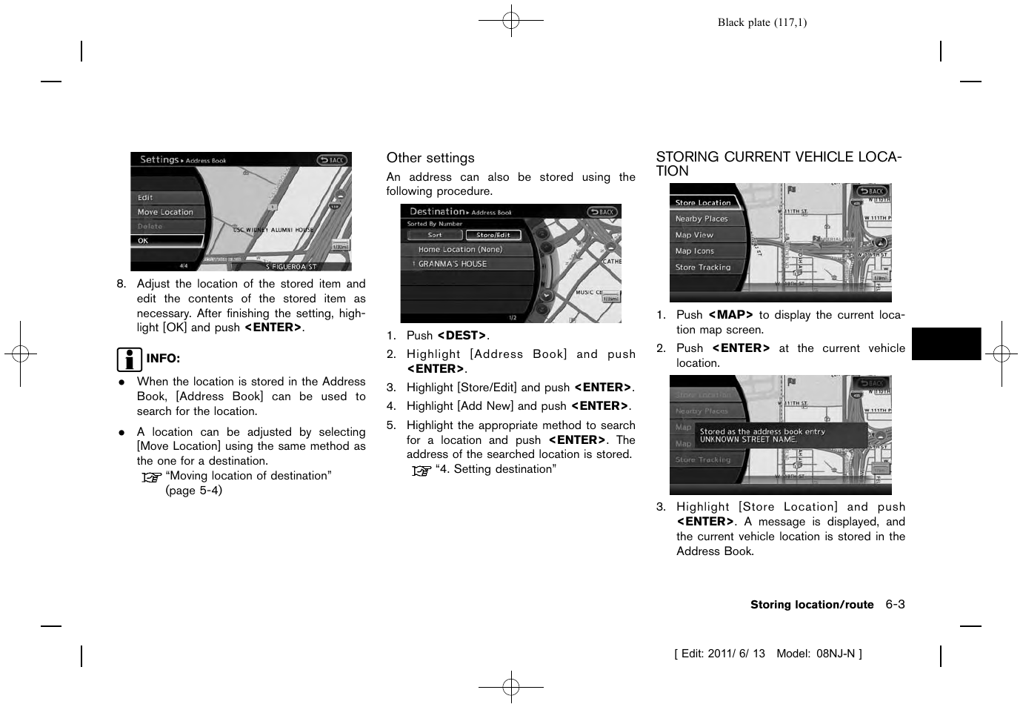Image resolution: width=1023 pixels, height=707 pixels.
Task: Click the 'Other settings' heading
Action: (x=430, y=158)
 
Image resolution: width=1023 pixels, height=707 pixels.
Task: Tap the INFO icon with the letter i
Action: (x=129, y=359)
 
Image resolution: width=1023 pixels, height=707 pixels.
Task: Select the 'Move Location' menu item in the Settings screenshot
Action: (x=165, y=212)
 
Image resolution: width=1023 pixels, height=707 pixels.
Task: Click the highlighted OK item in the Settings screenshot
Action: (x=167, y=241)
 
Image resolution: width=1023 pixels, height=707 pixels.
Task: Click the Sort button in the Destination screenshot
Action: (x=435, y=235)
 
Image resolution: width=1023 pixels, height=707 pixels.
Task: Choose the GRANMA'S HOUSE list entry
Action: (x=452, y=264)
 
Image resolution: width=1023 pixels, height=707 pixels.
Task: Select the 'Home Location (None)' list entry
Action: (x=459, y=250)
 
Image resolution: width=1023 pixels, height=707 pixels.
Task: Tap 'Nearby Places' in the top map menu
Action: (x=702, y=219)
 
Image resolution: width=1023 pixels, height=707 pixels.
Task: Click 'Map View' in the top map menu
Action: (x=694, y=235)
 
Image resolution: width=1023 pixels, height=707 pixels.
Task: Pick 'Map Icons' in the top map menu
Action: (x=695, y=251)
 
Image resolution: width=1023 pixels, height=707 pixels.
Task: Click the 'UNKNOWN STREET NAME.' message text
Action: (x=748, y=439)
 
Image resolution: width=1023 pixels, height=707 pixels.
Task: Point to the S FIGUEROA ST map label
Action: (x=291, y=267)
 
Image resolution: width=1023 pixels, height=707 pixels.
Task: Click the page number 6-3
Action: (x=895, y=605)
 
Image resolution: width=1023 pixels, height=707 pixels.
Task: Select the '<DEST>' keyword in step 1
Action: (x=462, y=336)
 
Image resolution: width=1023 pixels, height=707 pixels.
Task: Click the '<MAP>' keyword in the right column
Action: (x=730, y=315)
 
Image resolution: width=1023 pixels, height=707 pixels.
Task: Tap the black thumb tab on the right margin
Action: (x=946, y=344)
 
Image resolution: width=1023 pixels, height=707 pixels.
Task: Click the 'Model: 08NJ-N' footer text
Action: (x=819, y=654)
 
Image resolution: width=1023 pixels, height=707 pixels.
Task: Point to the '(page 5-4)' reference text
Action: (x=193, y=491)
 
